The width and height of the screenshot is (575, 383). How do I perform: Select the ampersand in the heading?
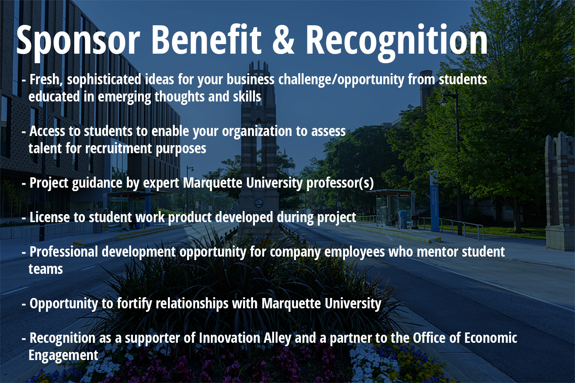coord(283,40)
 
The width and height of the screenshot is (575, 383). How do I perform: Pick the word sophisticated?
coord(104,80)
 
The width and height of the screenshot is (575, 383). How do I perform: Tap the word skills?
coord(247,97)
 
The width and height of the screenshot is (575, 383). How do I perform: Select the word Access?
coord(47,131)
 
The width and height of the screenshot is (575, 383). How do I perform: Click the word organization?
coord(257,132)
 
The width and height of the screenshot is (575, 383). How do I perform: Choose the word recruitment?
coord(118,149)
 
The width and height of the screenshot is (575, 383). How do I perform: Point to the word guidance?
coord(97,183)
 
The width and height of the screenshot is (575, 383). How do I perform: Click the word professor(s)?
coord(340,183)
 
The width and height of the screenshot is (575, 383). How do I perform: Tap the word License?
coord(49,218)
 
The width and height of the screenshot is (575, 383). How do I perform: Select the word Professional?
coord(64,252)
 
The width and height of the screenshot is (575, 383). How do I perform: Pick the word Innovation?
coord(230,338)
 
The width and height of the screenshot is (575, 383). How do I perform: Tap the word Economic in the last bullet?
coord(491,338)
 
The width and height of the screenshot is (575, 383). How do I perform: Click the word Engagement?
coord(63,355)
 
